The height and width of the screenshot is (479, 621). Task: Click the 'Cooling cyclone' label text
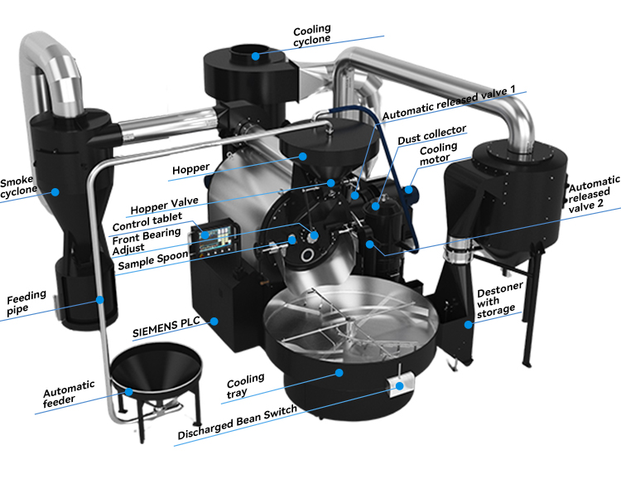click(x=312, y=36)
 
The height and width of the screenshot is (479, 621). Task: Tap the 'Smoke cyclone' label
click(x=19, y=188)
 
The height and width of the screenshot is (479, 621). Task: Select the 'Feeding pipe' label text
click(x=25, y=303)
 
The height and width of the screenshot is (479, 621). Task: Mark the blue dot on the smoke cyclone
click(x=55, y=191)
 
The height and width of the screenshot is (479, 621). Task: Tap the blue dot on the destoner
click(x=469, y=324)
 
